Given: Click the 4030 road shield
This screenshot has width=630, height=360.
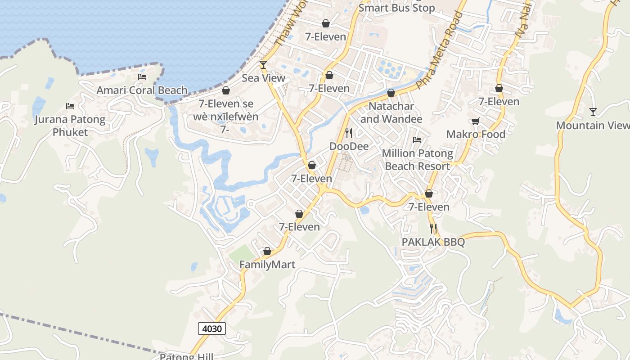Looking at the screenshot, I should [212, 328].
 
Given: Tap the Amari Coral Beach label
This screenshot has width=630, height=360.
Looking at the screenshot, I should [142, 90].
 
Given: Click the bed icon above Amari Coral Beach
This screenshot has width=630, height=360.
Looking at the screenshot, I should [142, 77].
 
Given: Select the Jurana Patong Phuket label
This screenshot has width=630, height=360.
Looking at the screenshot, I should [70, 126].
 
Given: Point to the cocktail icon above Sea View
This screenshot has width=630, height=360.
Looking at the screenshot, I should [263, 65].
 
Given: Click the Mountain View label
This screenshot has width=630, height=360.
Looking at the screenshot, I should [592, 125].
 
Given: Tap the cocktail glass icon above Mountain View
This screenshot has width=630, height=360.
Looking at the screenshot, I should [593, 112].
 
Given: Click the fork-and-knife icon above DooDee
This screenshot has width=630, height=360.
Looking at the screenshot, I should [348, 133].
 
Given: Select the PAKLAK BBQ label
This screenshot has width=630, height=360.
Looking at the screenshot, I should [433, 242].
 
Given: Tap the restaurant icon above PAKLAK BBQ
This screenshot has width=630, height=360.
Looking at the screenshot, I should [433, 229].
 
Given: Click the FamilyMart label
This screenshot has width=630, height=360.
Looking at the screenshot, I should [267, 264].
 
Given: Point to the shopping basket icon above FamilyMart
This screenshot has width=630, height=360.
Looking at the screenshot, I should [267, 251].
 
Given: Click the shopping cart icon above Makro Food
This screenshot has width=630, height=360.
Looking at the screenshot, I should [476, 121].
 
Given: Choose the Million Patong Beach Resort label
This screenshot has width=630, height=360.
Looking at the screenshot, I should [418, 160].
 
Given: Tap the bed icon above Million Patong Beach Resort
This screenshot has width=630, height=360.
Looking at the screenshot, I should [417, 140].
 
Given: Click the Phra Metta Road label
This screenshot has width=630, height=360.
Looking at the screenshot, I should [439, 50].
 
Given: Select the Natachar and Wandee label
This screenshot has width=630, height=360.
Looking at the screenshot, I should [391, 112].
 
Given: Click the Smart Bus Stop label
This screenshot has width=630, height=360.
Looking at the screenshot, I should [397, 8].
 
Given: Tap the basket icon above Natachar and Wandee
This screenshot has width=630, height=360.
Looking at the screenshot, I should [391, 93].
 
